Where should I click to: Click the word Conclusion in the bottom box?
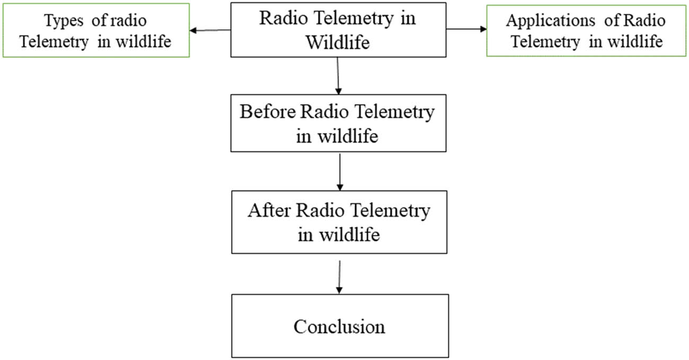339,326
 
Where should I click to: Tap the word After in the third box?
269,210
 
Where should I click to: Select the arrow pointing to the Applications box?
467,30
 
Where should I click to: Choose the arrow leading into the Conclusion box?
339,276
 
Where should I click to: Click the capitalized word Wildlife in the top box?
337,42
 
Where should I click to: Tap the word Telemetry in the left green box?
54,42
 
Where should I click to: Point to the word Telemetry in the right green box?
545,42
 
